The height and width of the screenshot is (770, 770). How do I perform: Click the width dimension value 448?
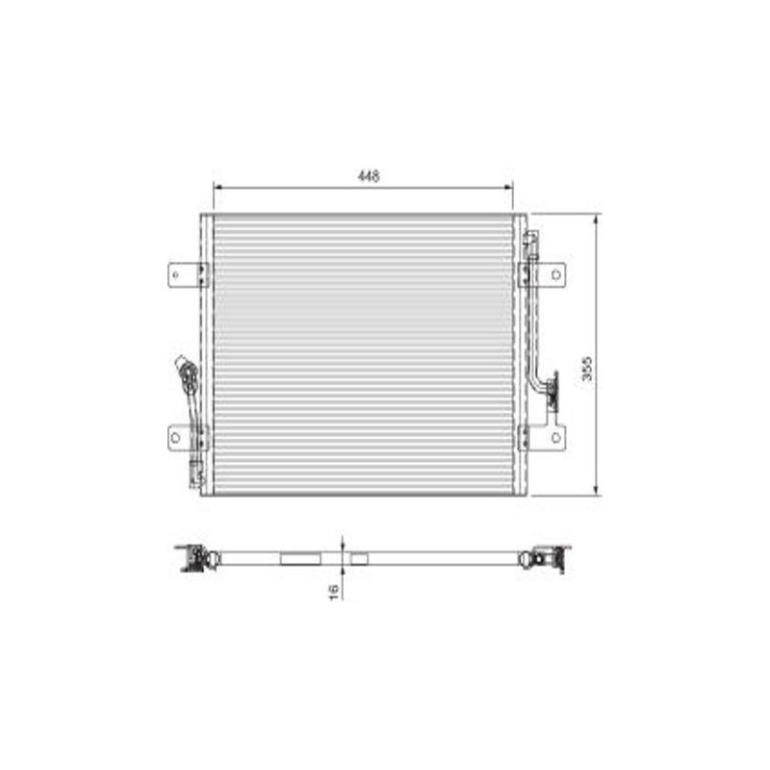click(x=368, y=176)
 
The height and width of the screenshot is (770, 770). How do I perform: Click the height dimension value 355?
click(x=586, y=371)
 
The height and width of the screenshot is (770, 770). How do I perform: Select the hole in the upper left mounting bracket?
click(x=176, y=274)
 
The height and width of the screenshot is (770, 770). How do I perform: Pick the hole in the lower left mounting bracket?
click(x=175, y=437)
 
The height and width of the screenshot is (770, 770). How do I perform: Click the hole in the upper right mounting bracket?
click(x=555, y=274)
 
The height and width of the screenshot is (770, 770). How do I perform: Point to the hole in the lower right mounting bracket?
click(x=555, y=437)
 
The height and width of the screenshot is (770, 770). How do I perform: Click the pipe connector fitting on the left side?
click(x=188, y=374)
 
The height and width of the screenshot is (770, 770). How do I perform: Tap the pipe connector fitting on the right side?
click(x=552, y=393)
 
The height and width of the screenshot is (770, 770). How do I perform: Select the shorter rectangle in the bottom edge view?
click(x=359, y=558)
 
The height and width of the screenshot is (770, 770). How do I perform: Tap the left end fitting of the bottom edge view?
click(x=196, y=558)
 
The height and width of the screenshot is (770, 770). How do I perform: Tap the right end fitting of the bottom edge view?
click(x=549, y=558)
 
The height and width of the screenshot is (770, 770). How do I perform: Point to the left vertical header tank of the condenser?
click(x=206, y=354)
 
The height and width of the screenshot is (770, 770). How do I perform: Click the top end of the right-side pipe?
click(x=531, y=235)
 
